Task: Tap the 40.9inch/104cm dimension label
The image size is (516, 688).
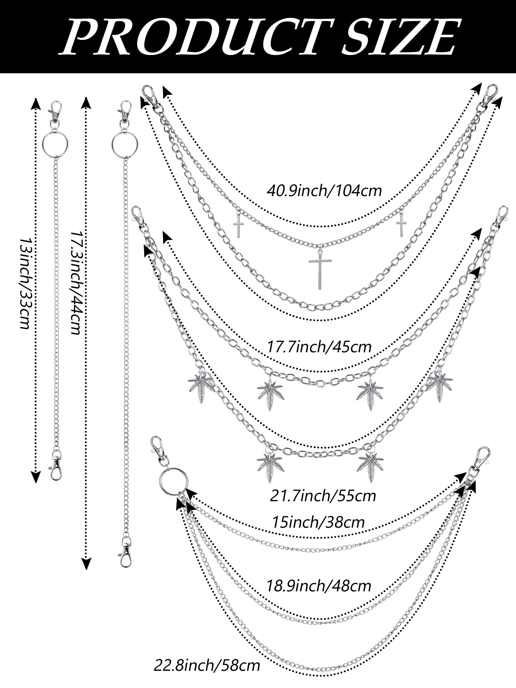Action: (324, 190)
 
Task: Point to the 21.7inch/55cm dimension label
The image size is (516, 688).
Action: (323, 496)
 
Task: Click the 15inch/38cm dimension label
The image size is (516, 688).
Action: (318, 522)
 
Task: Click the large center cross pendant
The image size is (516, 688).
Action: (320, 268)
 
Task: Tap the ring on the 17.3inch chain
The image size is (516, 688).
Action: (125, 141)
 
